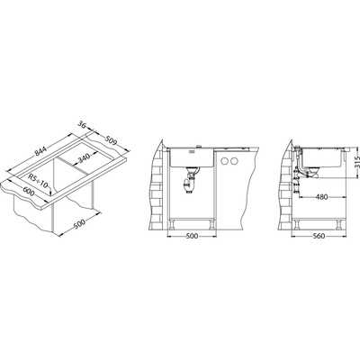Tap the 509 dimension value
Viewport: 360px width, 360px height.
point(111,140)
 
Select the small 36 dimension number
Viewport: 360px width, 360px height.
point(83,125)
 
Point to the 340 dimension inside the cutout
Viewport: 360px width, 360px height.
point(84,158)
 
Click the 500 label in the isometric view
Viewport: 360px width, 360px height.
point(79,224)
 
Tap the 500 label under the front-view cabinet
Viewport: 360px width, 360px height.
point(192,236)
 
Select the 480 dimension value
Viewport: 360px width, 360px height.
point(321,197)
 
